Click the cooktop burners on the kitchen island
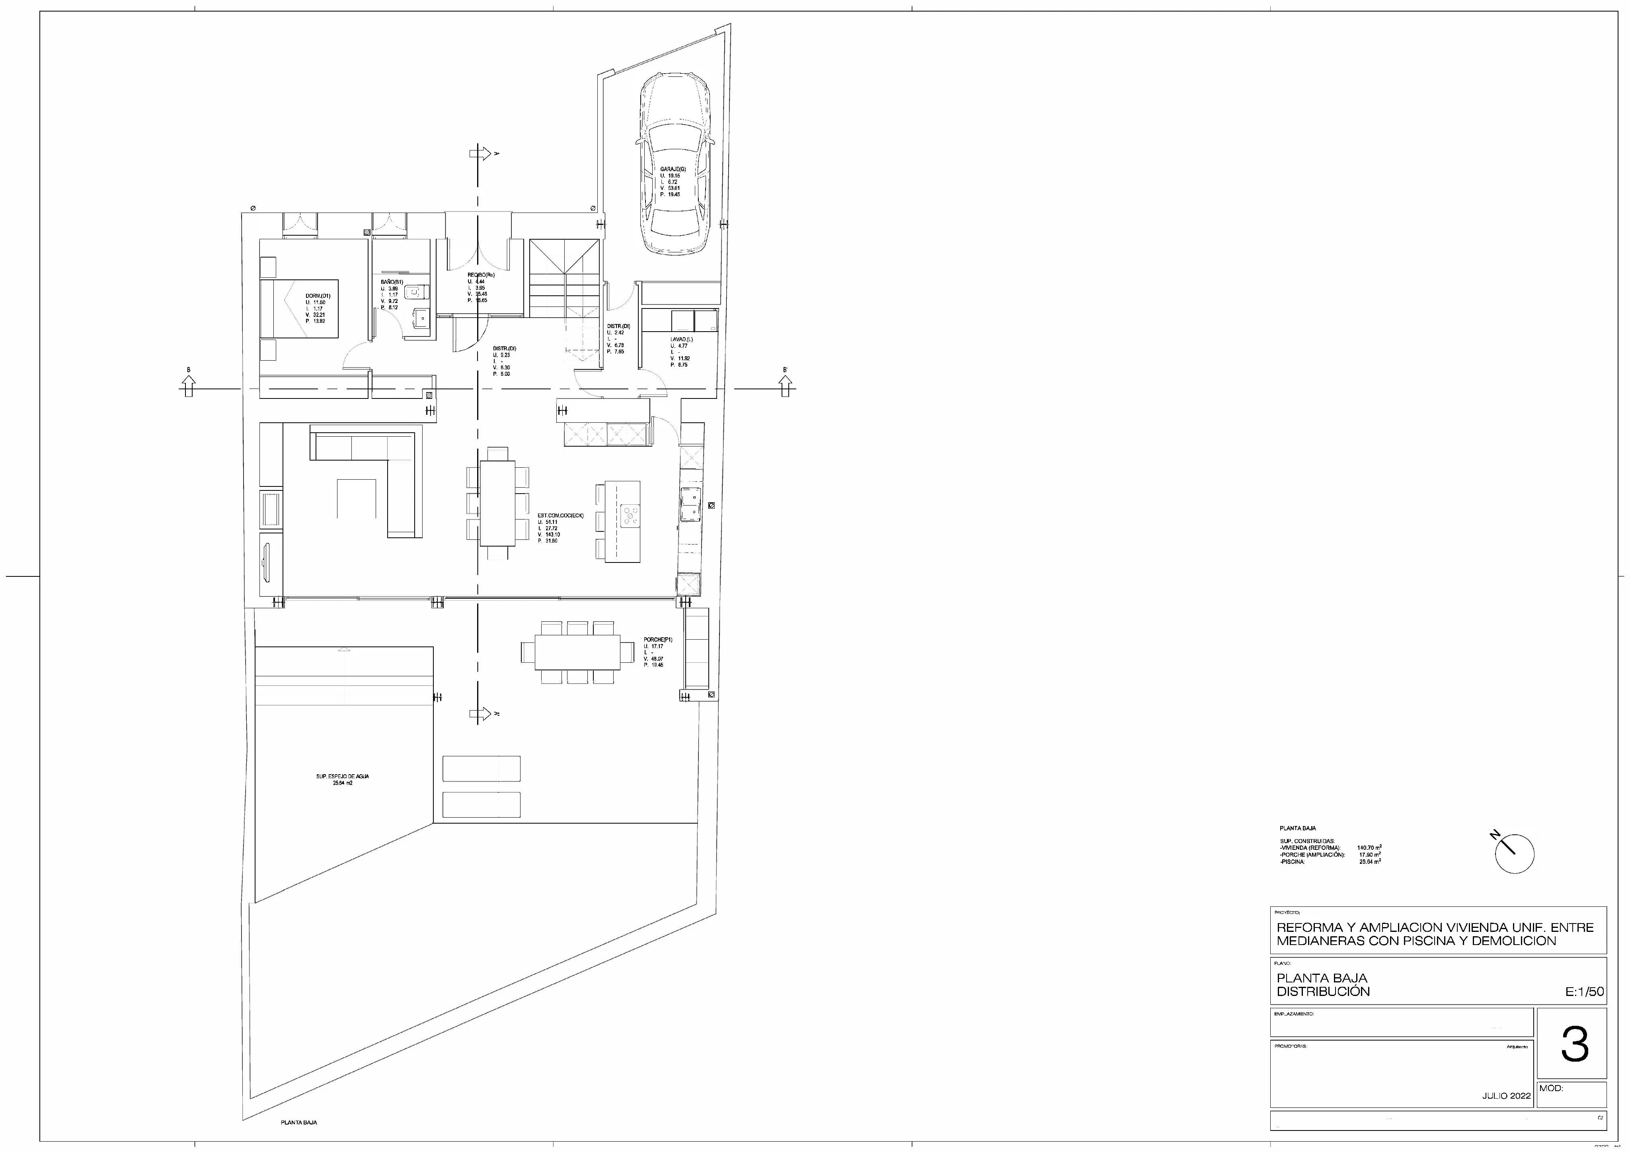(x=630, y=515)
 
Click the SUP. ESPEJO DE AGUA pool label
(x=342, y=776)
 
